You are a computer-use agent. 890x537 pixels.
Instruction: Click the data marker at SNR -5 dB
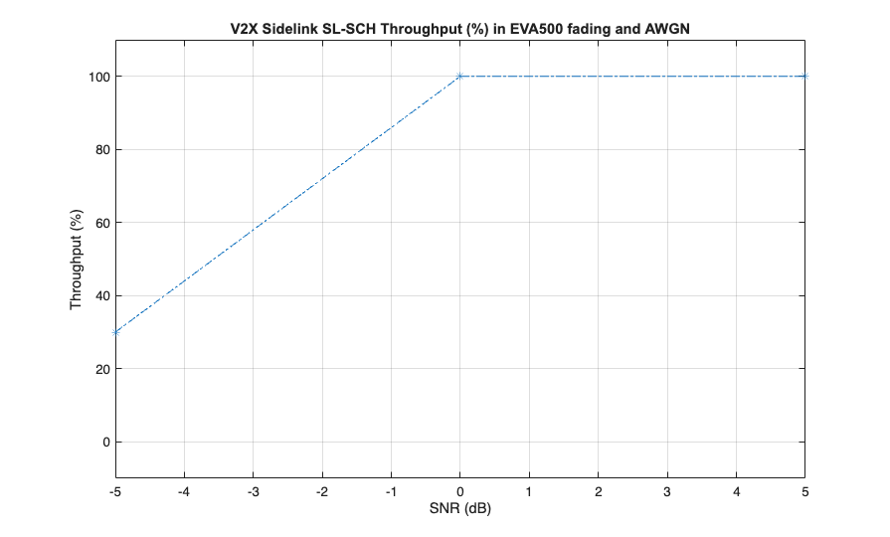115,332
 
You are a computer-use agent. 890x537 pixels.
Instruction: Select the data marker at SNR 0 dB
460,76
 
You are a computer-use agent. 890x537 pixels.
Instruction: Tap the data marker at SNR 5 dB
805,76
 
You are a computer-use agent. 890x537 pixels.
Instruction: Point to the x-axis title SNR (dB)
460,509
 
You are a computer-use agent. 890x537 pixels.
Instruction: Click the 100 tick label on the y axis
95,77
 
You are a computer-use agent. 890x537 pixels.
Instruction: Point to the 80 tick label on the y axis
98,149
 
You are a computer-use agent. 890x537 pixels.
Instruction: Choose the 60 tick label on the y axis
98,223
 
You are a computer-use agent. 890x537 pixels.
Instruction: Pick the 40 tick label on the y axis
98,295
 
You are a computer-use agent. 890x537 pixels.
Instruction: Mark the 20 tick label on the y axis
98,369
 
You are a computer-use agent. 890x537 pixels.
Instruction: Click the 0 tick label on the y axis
101,442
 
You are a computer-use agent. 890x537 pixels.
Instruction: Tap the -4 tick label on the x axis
184,490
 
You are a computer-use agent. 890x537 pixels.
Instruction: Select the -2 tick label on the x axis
322,490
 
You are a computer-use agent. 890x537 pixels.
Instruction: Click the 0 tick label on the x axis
460,490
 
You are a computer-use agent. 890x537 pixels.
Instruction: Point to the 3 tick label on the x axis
667,490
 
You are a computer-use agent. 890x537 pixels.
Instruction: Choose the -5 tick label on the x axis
115,490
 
